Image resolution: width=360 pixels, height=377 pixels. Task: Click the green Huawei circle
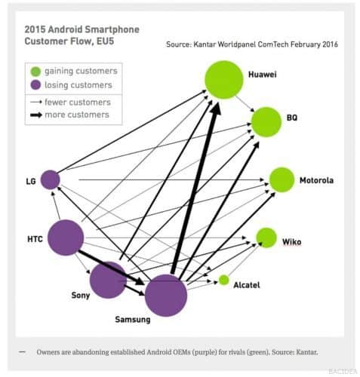coord(224,80)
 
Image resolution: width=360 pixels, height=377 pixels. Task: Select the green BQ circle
coord(266,122)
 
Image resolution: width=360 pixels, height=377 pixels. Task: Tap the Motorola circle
coord(282,179)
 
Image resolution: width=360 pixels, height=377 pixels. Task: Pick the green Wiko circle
coord(266,238)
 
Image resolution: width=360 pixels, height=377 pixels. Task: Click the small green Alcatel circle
coord(223,280)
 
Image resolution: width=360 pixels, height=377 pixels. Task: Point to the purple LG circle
coord(51,179)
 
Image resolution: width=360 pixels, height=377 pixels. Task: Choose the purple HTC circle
coord(66,238)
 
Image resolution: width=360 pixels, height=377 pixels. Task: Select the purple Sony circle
coord(108,280)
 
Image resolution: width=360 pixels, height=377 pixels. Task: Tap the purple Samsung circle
coord(166,296)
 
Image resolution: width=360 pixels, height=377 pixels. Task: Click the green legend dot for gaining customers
coord(35,72)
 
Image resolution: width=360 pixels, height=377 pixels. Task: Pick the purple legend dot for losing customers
coord(35,85)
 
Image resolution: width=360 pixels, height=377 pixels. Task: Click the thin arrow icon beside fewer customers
coord(36,102)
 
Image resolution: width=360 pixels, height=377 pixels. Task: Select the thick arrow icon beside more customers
coord(36,115)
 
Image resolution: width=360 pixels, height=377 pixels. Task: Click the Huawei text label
coord(263,75)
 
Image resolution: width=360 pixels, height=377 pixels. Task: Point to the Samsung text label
coord(133,320)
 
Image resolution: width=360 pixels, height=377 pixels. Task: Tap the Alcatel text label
coord(247,285)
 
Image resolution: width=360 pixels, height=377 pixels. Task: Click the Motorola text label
coord(316,180)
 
